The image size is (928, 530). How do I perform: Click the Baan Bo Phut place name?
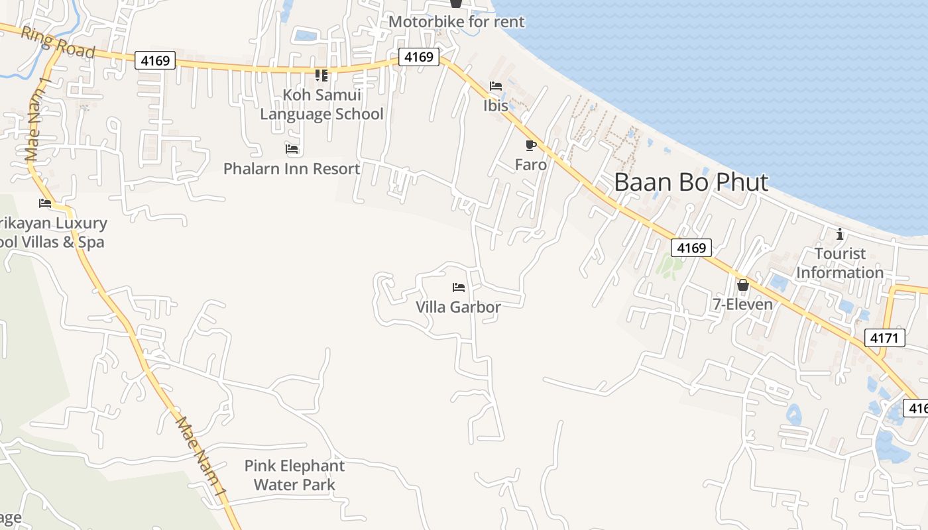point(691,182)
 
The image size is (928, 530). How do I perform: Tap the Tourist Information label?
point(840,263)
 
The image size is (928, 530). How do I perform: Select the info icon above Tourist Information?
point(840,234)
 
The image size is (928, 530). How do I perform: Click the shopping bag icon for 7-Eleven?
point(743,285)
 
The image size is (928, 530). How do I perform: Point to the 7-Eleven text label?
point(742,305)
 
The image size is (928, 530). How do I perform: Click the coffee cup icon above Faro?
point(530,145)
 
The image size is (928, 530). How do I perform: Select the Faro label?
point(531,164)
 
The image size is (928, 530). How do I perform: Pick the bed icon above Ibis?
point(496,86)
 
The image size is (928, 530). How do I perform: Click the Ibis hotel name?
point(496,105)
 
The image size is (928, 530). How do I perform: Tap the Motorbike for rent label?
point(456,22)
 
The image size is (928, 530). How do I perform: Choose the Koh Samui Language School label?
point(321,105)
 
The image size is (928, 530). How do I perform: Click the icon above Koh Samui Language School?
point(321,75)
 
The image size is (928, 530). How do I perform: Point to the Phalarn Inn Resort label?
point(292,169)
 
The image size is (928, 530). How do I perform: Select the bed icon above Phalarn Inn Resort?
point(292,148)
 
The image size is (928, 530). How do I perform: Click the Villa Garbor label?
point(458,307)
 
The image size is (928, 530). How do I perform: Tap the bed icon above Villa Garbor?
point(458,288)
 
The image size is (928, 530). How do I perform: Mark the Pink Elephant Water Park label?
point(294,475)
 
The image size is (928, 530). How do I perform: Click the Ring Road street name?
point(58,42)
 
